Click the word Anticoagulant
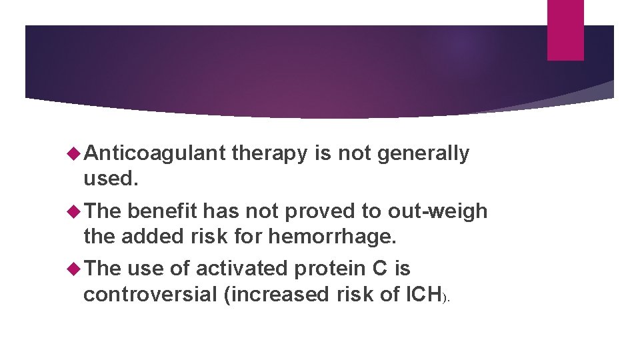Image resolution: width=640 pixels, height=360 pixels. pos(155,154)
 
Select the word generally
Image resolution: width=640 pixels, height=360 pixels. pos(423,154)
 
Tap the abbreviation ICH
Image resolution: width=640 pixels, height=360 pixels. pos(424,293)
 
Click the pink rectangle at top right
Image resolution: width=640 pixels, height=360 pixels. pos(565,29)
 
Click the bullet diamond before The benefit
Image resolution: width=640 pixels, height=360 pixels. pos(73,212)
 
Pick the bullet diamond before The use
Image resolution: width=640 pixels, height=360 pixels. pos(73,269)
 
